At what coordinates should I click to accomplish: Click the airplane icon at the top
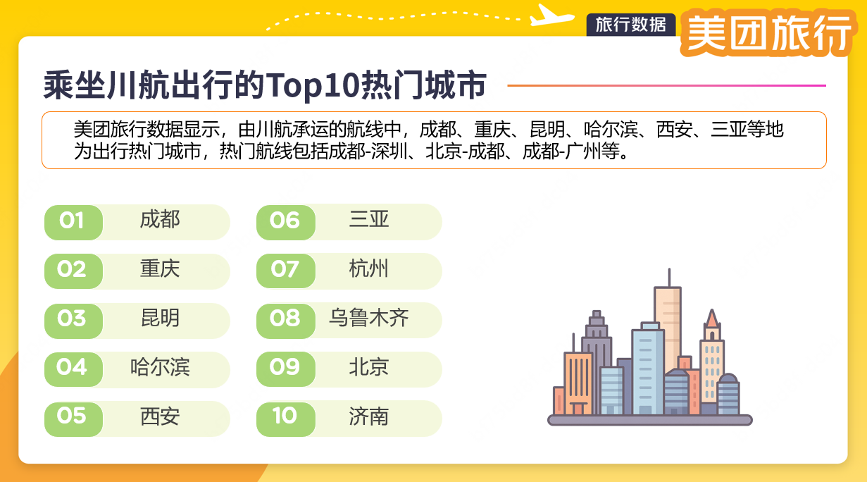(x=551, y=16)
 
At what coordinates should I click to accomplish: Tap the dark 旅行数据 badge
(x=631, y=25)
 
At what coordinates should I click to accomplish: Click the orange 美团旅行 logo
(x=768, y=33)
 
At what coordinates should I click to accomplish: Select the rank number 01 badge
(x=73, y=222)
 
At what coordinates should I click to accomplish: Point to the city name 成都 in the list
(x=160, y=220)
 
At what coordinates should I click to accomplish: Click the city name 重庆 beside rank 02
(x=160, y=268)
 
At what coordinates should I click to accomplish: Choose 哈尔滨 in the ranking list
(x=160, y=367)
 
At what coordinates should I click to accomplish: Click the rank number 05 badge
(x=73, y=419)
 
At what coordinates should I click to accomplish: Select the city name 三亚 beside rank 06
(x=369, y=220)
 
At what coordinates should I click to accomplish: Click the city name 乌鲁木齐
(x=369, y=318)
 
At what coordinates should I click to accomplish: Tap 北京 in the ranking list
(x=369, y=367)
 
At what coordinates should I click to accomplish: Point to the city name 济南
(x=369, y=416)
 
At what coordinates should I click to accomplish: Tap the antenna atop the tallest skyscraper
(x=669, y=277)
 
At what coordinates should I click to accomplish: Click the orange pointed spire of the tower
(x=712, y=319)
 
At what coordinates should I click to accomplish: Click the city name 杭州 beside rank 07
(x=369, y=268)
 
